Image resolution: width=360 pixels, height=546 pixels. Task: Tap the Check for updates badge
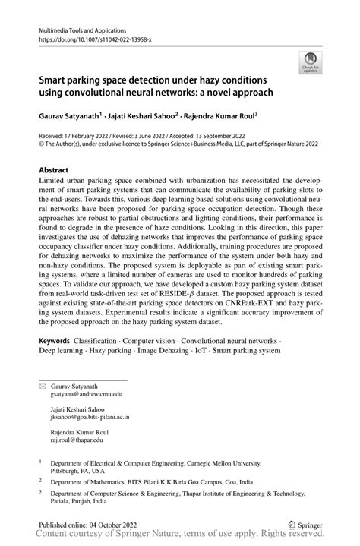click(309, 63)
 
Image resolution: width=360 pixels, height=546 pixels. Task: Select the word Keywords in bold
click(58, 341)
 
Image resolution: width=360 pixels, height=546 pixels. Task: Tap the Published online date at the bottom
click(88, 524)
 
